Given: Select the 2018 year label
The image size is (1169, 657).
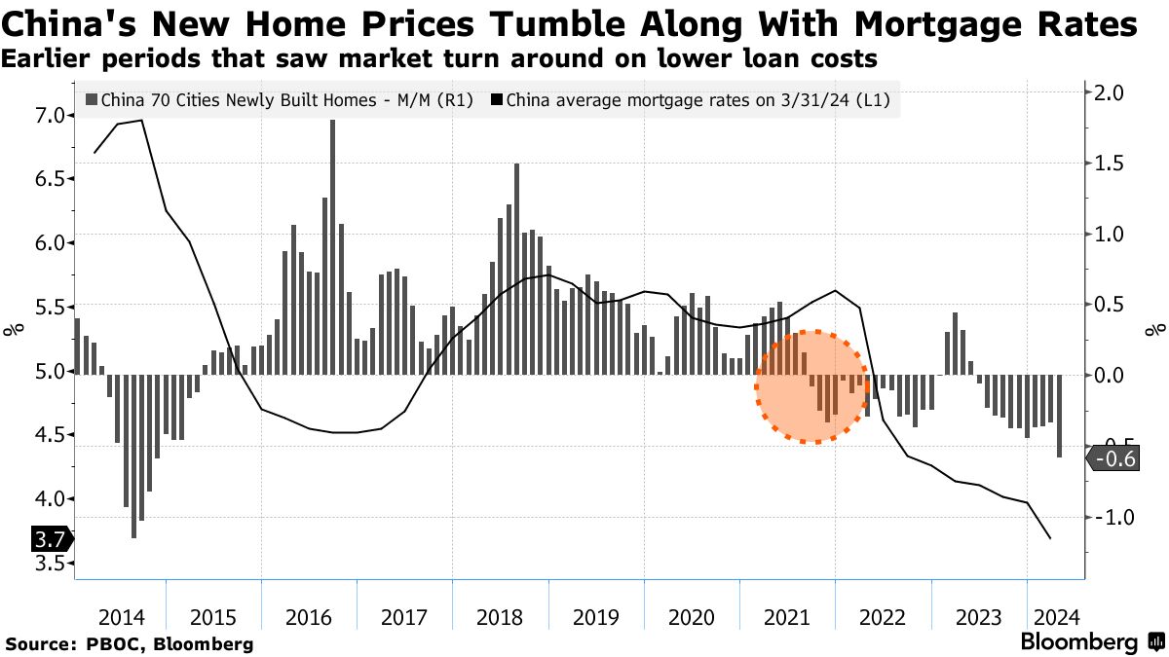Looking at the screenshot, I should [x=501, y=617].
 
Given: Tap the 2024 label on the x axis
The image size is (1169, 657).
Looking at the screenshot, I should [x=1056, y=617].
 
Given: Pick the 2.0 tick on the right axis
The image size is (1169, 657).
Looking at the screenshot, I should [x=1110, y=93].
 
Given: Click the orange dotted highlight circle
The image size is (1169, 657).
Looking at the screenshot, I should [x=814, y=386].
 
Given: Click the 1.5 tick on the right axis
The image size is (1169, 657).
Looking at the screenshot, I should [x=1110, y=164].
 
